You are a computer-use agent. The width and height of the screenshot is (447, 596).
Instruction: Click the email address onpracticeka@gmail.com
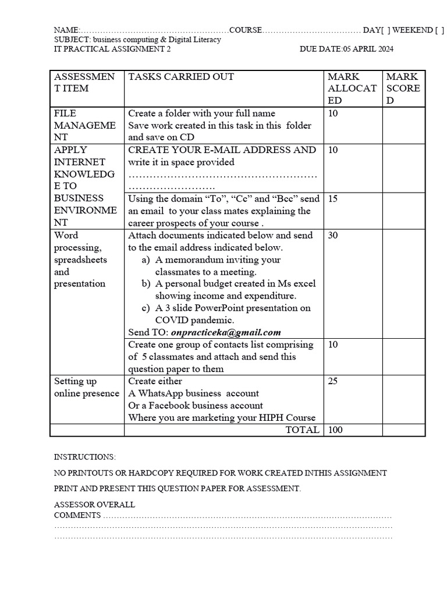[226, 332]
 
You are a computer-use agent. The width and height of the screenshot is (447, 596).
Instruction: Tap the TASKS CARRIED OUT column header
[181, 77]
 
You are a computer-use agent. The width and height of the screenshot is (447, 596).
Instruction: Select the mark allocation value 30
[333, 235]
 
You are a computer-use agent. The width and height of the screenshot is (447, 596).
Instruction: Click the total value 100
[336, 430]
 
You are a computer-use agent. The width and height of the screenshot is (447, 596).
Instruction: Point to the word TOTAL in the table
[302, 430]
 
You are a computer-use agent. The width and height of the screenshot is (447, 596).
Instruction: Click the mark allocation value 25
[333, 381]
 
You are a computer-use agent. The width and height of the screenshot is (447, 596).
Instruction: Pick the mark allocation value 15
[333, 198]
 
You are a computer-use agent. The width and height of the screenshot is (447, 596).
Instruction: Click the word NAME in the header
[65, 30]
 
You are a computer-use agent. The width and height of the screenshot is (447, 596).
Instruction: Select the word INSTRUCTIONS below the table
[84, 457]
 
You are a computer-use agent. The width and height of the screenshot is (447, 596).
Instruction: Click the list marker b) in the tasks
[146, 283]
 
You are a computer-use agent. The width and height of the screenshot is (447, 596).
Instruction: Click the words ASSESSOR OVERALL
[94, 505]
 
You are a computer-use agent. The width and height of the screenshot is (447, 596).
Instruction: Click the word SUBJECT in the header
[70, 40]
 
